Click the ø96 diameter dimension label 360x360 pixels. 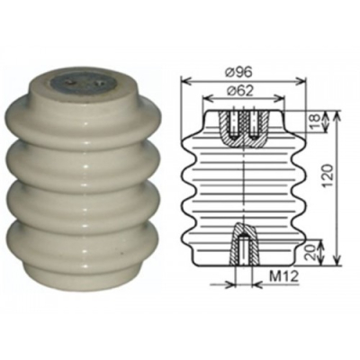pos(239,72)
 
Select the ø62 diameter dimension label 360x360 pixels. pos(239,91)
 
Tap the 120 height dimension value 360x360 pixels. pos(327,176)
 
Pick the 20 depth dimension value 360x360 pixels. pos(310,252)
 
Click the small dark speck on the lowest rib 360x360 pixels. pos(121,254)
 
